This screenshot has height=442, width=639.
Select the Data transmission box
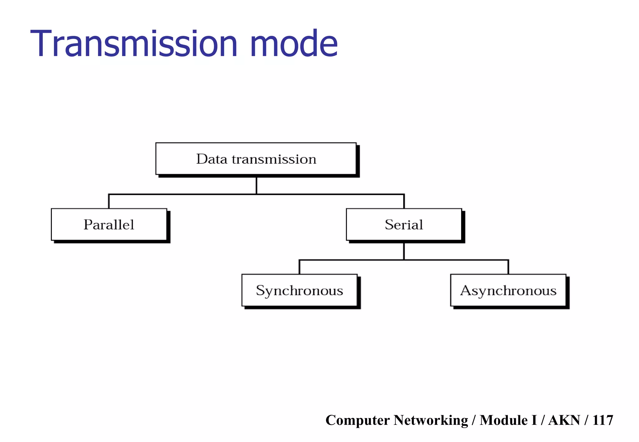[256, 159]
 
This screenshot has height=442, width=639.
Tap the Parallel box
[109, 224]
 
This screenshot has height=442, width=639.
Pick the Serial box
[404, 224]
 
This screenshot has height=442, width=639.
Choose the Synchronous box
[299, 290]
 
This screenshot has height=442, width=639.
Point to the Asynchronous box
[508, 290]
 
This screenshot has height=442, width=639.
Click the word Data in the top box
[212, 159]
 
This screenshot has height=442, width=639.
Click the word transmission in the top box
[274, 159]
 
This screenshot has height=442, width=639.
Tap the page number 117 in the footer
[603, 420]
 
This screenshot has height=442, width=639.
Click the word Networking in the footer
[431, 420]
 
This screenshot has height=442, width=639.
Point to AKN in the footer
[564, 420]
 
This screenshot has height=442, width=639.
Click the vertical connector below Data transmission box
[256, 186]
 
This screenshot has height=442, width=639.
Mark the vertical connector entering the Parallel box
[109, 201]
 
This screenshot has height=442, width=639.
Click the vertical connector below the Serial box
[404, 251]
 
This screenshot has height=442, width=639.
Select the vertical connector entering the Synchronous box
[300, 267]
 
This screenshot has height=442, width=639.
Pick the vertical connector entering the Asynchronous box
[508, 267]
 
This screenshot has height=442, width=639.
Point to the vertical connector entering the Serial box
[404, 201]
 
